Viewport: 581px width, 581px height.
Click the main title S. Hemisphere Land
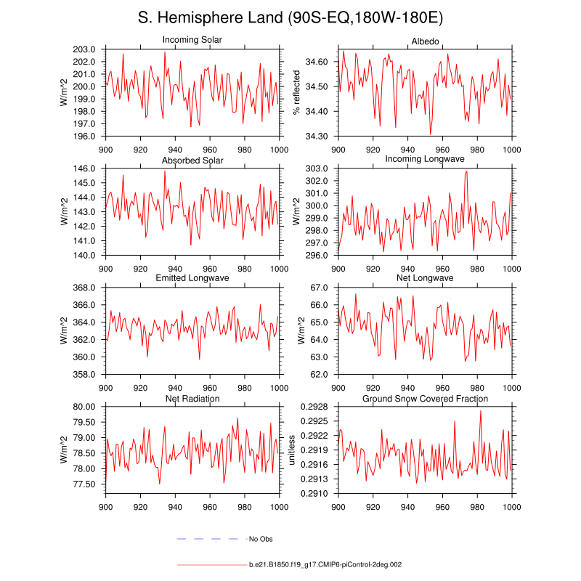pyautogui.click(x=290, y=17)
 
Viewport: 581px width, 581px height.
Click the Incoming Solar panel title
pyautogui.click(x=192, y=39)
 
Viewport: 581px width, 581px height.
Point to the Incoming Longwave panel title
pyautogui.click(x=425, y=159)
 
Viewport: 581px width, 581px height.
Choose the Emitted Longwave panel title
pyautogui.click(x=192, y=279)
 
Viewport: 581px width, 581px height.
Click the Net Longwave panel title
pyautogui.click(x=425, y=279)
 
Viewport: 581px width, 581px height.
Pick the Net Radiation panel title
pyautogui.click(x=192, y=399)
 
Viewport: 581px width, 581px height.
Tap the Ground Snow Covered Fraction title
pyautogui.click(x=425, y=399)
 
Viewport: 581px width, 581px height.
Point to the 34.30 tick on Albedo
pyautogui.click(x=318, y=136)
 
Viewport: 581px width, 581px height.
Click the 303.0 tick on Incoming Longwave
pyautogui.click(x=318, y=168)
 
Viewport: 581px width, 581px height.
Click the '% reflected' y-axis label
pyautogui.click(x=296, y=92)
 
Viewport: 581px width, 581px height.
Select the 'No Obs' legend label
pyautogui.click(x=261, y=539)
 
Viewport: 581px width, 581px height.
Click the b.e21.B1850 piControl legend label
pyautogui.click(x=325, y=564)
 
